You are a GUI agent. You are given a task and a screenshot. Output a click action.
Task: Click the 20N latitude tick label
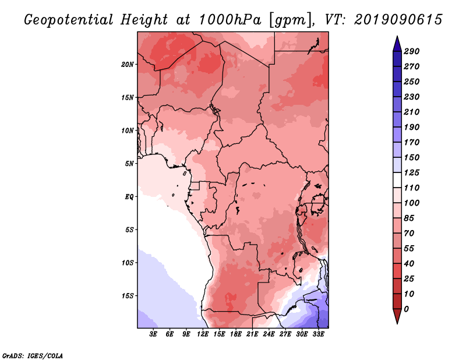[128, 65]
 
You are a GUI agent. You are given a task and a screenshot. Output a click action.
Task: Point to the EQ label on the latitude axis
[129, 197]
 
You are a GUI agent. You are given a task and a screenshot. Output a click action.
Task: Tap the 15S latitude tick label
[128, 296]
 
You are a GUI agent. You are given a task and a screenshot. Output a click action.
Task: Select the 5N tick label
[129, 164]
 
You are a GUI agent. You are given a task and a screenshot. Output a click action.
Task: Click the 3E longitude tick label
[153, 334]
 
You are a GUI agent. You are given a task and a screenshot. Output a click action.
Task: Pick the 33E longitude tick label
[318, 334]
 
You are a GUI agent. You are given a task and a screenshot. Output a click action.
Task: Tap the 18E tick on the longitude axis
[236, 334]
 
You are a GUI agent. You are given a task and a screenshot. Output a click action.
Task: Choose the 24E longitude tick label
[269, 334]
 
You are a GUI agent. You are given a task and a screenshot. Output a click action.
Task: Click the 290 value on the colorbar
[411, 51]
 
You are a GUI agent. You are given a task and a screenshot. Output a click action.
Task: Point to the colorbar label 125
[411, 172]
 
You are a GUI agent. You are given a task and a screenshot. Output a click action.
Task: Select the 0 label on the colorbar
[406, 309]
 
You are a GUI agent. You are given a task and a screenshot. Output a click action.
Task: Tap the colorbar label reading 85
[409, 218]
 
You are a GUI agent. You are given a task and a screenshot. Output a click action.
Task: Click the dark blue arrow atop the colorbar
[397, 44]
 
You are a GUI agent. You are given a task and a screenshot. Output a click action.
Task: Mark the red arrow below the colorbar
[397, 316]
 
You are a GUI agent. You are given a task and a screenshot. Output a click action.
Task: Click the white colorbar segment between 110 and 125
[397, 180]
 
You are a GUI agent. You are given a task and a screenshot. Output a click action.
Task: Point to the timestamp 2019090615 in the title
[398, 20]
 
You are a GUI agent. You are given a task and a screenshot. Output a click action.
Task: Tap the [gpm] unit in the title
[292, 20]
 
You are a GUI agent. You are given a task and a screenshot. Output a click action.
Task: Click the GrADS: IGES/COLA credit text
[33, 356]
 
